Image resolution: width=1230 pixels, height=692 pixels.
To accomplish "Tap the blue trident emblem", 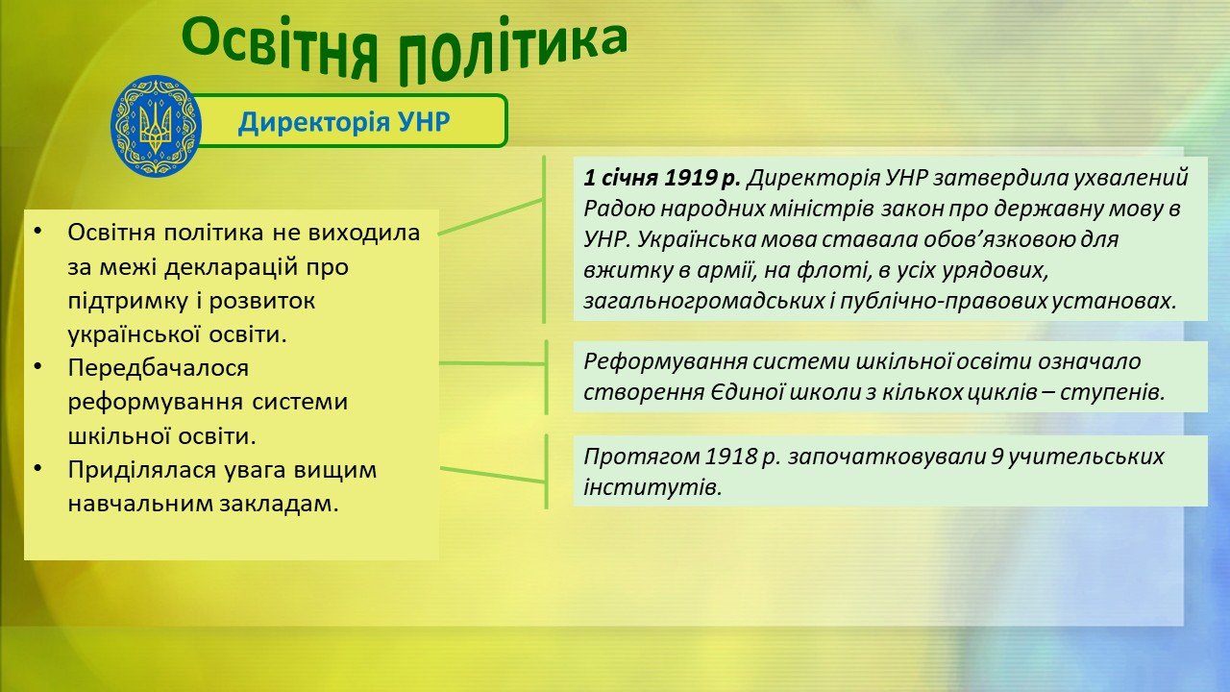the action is [x=156, y=126].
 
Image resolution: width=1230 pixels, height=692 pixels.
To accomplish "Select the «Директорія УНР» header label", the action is [x=344, y=121].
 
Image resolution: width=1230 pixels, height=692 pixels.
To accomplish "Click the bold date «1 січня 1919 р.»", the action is [x=662, y=178].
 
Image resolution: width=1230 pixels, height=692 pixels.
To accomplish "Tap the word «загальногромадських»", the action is [x=704, y=302].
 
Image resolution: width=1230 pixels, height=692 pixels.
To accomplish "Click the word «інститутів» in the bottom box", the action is [x=652, y=487].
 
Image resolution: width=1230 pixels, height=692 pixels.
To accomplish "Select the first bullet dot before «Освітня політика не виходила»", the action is [x=37, y=232].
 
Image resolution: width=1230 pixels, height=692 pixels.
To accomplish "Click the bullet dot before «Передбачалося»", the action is [x=37, y=366].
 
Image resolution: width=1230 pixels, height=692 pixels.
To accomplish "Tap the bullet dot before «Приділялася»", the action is [x=37, y=468].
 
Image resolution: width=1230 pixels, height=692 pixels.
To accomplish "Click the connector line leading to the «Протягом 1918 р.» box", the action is [x=493, y=476].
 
